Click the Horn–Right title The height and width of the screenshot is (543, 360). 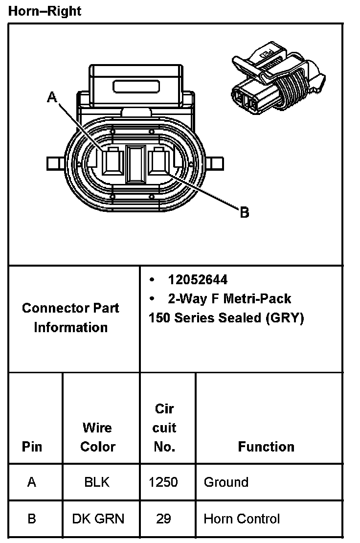[x=45, y=11]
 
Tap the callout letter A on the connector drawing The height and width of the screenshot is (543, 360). [x=52, y=97]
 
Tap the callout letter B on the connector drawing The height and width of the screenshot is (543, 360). [x=245, y=212]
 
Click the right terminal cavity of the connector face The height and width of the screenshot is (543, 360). [x=159, y=161]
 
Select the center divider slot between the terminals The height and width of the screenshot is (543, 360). [x=136, y=164]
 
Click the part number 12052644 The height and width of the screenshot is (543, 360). [x=198, y=279]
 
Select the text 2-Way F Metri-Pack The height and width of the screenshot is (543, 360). [x=229, y=298]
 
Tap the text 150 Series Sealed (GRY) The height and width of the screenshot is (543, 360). [x=226, y=318]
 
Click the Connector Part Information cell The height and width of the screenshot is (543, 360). [x=70, y=318]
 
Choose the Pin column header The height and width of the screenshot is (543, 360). [x=32, y=447]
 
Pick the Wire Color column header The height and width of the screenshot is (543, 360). [x=97, y=437]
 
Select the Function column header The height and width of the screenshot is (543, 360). [x=266, y=447]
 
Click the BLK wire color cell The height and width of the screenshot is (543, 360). [x=97, y=482]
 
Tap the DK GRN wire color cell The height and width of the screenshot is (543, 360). [x=98, y=519]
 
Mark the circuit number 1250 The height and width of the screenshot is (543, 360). [x=163, y=482]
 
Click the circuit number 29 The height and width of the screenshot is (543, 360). [x=163, y=519]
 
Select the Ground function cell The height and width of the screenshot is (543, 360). [x=226, y=482]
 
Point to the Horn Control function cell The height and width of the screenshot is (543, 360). [x=242, y=519]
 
